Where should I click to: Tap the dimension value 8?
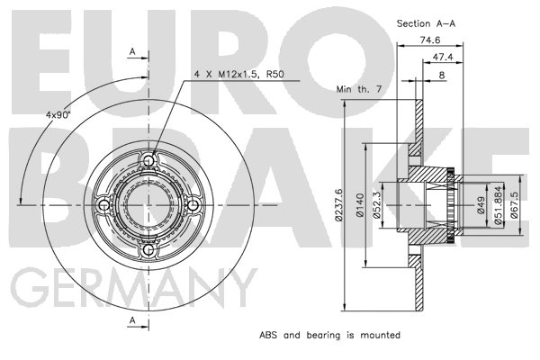(x=442, y=76)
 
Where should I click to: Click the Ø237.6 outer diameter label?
(x=339, y=206)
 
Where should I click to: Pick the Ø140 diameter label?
(x=358, y=208)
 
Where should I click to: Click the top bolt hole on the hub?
(x=149, y=161)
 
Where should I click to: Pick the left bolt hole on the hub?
(x=104, y=205)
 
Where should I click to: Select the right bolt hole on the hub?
(x=193, y=205)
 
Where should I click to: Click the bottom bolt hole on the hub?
(x=149, y=250)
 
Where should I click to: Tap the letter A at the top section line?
(x=132, y=52)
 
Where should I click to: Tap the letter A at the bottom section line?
(x=132, y=321)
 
